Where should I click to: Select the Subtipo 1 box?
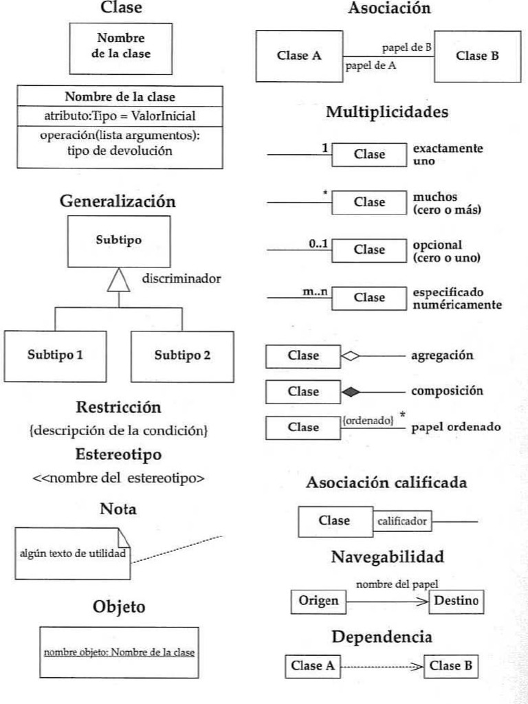pos(56,356)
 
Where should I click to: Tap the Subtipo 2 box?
pos(182,356)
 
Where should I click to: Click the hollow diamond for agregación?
pos(350,356)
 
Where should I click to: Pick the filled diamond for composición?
pos(350,392)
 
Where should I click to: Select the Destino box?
pos(456,602)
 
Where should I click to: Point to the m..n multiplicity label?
pos(315,291)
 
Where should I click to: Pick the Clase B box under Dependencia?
pos(449,665)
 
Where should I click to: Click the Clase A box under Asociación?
pos(299,56)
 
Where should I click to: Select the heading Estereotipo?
pos(118,454)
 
